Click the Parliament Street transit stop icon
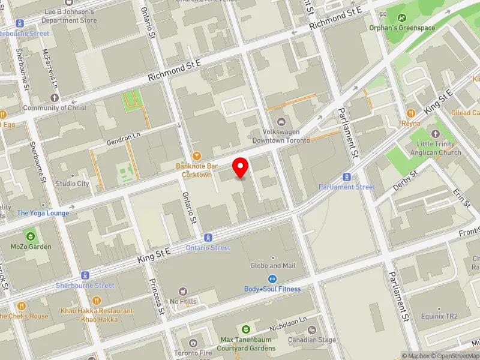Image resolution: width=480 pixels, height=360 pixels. pos(346,177)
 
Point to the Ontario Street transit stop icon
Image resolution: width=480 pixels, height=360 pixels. pos(208,238)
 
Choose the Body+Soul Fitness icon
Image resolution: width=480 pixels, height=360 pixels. pos(272,278)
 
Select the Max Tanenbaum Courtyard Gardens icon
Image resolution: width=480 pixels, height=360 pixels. pos(245,329)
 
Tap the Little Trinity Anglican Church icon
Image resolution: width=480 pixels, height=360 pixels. pos(436,134)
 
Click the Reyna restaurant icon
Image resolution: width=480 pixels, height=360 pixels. pos(411,113)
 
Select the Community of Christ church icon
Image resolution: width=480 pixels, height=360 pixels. pos(55,97)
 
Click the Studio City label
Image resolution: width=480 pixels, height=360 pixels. pos(73,184)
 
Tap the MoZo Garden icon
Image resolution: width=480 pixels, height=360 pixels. pos(31,236)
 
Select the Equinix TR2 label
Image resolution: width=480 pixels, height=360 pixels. pos(440,316)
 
